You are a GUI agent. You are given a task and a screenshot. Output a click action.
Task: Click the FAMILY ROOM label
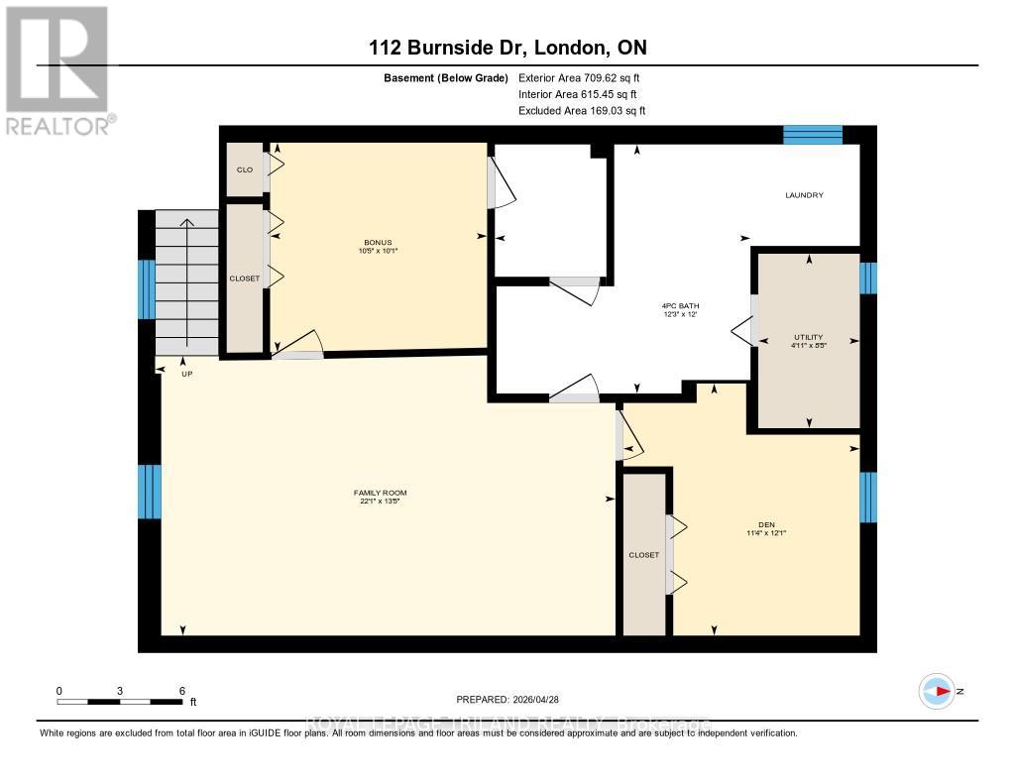(x=381, y=493)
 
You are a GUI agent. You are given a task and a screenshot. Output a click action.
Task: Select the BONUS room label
(x=378, y=243)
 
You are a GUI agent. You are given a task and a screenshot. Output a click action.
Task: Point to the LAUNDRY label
(x=804, y=195)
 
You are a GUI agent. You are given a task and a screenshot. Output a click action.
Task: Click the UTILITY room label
(x=808, y=337)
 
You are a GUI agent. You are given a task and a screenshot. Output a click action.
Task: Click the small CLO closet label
(x=244, y=169)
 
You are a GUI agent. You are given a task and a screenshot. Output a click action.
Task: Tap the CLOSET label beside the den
(x=643, y=555)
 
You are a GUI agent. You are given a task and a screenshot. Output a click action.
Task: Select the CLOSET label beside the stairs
(x=244, y=279)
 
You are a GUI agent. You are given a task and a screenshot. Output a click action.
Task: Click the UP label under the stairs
(x=185, y=374)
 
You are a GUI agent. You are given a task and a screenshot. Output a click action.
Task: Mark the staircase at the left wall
(x=186, y=282)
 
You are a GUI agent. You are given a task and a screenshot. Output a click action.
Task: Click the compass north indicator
(x=937, y=691)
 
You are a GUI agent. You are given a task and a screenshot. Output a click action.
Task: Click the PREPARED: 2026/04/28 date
(x=513, y=699)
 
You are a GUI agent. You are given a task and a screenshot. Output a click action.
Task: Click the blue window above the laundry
(x=813, y=135)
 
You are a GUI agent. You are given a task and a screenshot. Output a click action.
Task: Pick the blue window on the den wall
(x=868, y=497)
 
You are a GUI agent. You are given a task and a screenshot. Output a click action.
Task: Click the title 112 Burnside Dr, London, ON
(x=507, y=48)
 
